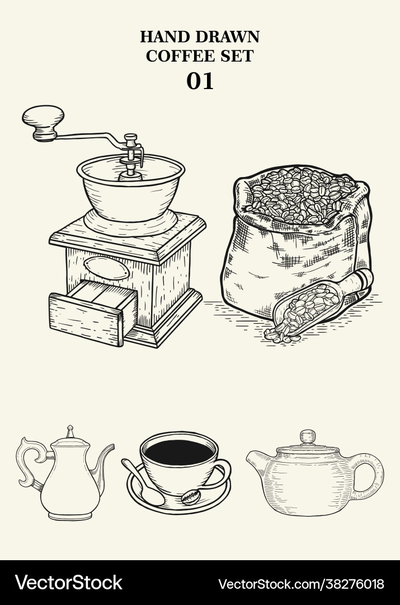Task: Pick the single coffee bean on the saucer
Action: (x=191, y=497)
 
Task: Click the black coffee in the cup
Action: (x=178, y=452)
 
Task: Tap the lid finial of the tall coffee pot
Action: (x=70, y=431)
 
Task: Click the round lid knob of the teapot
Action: (x=307, y=436)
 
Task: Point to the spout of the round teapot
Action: (x=257, y=462)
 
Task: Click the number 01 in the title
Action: (x=200, y=81)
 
